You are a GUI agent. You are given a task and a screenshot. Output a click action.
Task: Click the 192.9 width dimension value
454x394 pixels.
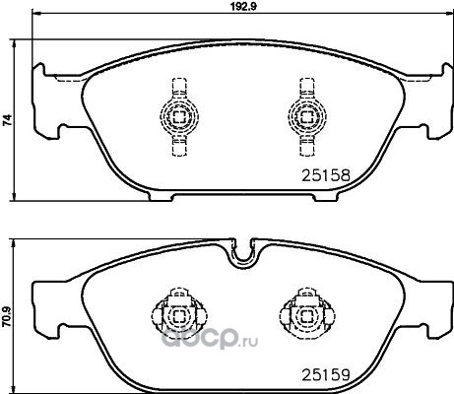click(x=242, y=7)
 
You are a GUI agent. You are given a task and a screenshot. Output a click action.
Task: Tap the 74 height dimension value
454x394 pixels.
click(x=7, y=120)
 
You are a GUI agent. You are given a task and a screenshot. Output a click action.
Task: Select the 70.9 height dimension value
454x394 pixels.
click(x=7, y=317)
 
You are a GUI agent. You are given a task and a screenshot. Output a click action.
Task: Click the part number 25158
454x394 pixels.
click(x=326, y=176)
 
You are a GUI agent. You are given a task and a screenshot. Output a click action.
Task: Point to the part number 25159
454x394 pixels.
click(x=326, y=374)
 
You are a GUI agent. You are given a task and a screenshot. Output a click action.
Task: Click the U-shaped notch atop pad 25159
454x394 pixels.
click(x=244, y=259)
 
